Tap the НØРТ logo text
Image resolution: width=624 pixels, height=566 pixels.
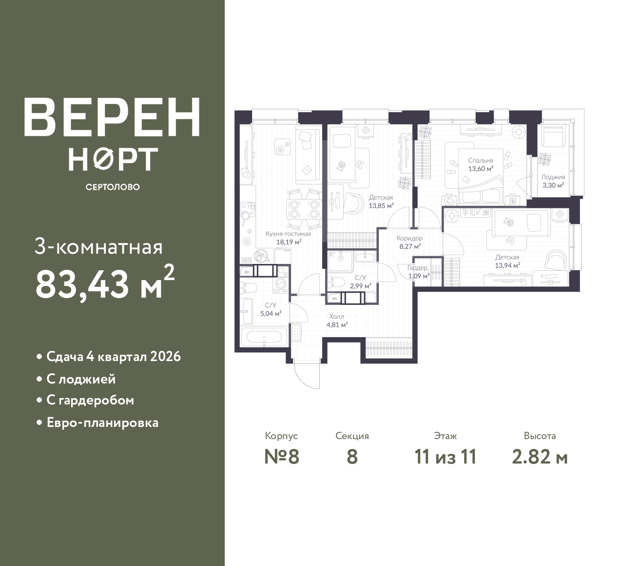(x=113, y=159)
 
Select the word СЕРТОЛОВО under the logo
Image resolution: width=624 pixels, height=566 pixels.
(x=113, y=187)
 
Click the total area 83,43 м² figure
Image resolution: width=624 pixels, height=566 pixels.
(x=105, y=283)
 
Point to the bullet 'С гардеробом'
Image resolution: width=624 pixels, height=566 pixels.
(x=90, y=400)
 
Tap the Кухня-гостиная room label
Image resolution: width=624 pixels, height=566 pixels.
(x=288, y=238)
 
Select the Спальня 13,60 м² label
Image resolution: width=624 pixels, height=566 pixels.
(x=481, y=165)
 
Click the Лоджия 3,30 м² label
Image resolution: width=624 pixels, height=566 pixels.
(x=553, y=181)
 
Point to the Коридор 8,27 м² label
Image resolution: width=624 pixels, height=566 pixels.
(x=409, y=242)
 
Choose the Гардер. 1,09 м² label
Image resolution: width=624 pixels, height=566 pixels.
(x=419, y=272)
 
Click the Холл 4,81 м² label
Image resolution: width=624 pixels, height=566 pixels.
(x=337, y=321)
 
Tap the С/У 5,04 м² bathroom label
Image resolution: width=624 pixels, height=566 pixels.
(x=271, y=309)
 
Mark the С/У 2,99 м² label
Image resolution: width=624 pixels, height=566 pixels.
(x=361, y=282)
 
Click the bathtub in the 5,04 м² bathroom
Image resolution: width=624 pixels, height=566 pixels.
(x=264, y=337)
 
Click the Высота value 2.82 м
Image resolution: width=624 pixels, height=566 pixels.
(x=540, y=457)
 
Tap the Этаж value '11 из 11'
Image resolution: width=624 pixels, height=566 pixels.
(x=446, y=457)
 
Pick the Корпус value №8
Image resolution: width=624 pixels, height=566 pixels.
(x=282, y=457)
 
